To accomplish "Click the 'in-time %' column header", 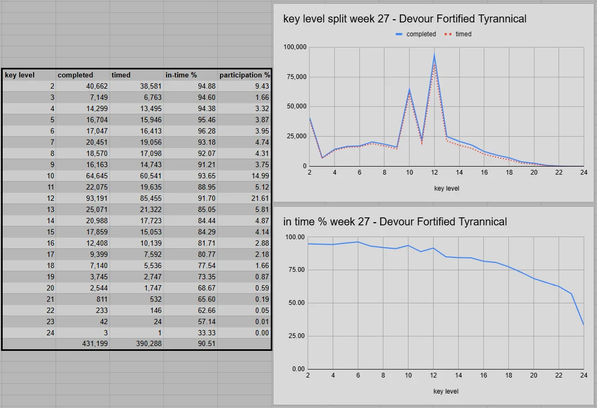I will point(182,75).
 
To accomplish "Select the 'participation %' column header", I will point(245,75).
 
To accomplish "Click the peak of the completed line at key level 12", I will point(434,55).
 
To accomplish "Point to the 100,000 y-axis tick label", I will point(294,47).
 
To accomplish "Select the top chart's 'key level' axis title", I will point(446,189).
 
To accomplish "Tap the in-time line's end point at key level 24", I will point(584,325).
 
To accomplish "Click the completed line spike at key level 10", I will point(409,89).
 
